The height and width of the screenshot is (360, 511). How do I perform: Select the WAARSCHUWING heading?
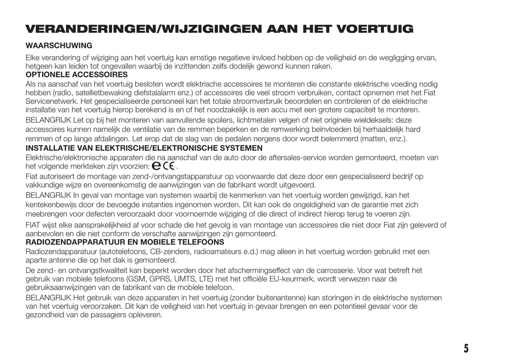59,46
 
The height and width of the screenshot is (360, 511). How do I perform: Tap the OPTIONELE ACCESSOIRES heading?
76,75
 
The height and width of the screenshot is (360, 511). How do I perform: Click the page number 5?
466,348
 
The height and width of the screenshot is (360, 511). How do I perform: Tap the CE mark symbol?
169,166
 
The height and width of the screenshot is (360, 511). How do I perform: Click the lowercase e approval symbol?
156,166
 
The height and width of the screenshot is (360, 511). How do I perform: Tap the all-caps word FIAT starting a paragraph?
33,225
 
